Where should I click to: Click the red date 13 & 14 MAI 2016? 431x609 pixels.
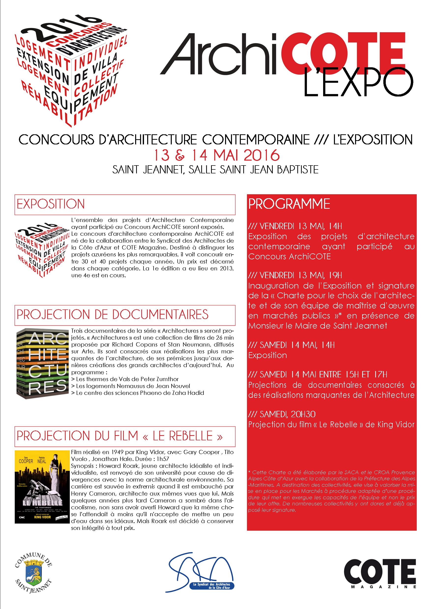click(215, 155)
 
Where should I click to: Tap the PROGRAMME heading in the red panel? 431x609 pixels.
click(289, 204)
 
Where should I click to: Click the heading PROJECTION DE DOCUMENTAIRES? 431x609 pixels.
click(113, 315)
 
